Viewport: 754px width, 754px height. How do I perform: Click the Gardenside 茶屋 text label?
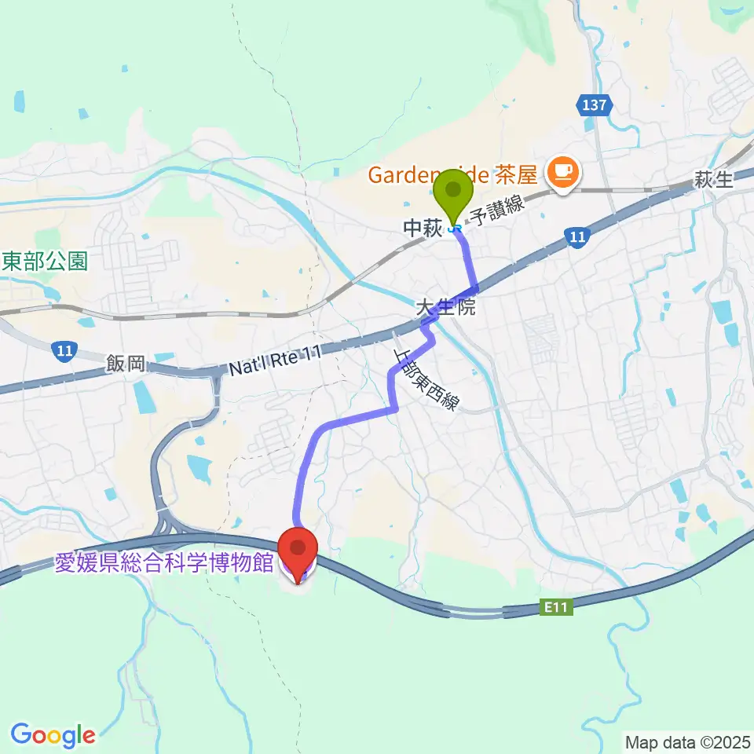pyautogui.click(x=456, y=174)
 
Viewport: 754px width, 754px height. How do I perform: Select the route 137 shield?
pyautogui.click(x=593, y=104)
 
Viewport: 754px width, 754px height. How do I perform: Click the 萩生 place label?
pyautogui.click(x=713, y=181)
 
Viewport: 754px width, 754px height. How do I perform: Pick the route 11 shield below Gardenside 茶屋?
pyautogui.click(x=577, y=236)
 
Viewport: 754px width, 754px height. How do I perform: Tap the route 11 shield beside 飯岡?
pyautogui.click(x=64, y=351)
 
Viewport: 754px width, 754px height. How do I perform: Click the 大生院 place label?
pyautogui.click(x=445, y=307)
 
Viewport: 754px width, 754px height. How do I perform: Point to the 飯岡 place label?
pyautogui.click(x=126, y=364)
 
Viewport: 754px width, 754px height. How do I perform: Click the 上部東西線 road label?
pyautogui.click(x=425, y=378)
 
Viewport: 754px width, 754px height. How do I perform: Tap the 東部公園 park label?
pyautogui.click(x=44, y=261)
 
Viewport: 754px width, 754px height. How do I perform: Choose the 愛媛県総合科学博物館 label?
pyautogui.click(x=164, y=564)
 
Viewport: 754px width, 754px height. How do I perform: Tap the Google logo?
pyautogui.click(x=53, y=735)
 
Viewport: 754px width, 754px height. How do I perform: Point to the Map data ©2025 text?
pyautogui.click(x=687, y=741)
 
